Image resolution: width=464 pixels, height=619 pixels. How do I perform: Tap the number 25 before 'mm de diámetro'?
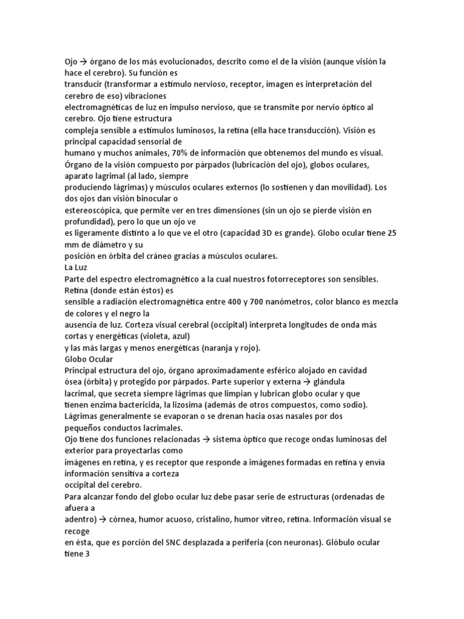pyautogui.click(x=390, y=233)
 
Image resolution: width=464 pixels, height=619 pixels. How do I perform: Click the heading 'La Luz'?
pyautogui.click(x=77, y=267)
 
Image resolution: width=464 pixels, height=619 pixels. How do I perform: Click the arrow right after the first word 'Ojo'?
pyautogui.click(x=84, y=62)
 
